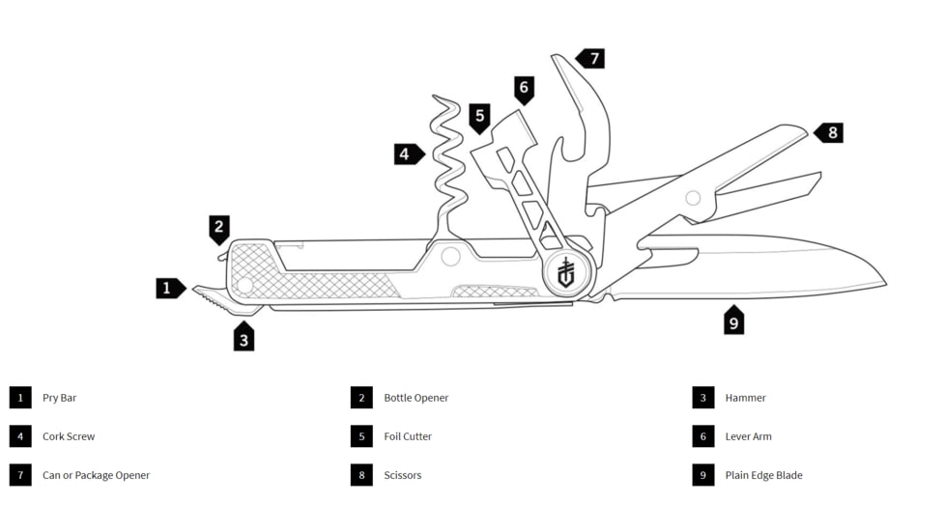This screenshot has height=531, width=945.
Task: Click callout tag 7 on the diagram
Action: point(591,58)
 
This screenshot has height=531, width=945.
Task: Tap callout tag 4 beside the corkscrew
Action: point(409,154)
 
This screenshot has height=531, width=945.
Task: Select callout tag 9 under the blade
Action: point(733,321)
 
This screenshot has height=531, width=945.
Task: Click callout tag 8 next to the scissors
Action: point(829,132)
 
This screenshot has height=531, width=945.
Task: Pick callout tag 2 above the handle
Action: point(218,230)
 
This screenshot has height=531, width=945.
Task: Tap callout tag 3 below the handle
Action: point(243,337)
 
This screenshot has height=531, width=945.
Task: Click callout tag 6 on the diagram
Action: point(524,90)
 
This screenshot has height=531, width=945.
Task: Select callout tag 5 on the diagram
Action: point(479,118)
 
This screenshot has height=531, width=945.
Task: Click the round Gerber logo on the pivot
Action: point(566,272)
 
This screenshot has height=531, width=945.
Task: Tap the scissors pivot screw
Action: point(693,198)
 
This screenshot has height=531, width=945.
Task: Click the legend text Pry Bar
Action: point(59,398)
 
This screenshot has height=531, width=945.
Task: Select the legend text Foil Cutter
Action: point(408,436)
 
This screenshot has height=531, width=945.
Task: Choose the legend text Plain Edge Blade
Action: point(763,475)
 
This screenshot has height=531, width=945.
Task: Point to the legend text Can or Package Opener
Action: point(96,475)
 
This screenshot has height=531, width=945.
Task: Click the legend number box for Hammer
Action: point(702,398)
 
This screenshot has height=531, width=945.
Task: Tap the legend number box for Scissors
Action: point(361,475)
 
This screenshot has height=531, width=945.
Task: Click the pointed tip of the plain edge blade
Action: point(886,285)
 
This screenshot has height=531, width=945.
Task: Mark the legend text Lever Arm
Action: point(748,436)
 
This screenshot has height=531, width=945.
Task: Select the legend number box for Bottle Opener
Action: point(361,398)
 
